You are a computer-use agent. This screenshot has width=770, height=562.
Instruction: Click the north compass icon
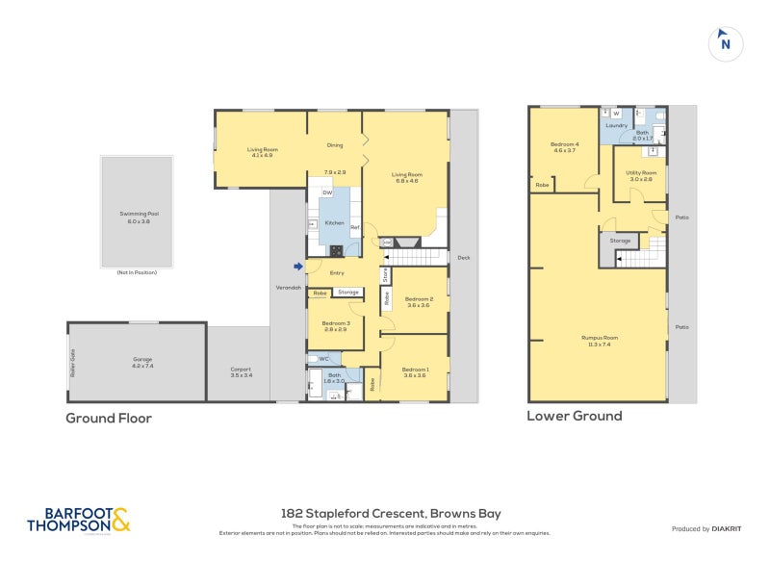tap(726, 43)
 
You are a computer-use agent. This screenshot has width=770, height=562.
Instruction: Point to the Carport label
tap(241, 371)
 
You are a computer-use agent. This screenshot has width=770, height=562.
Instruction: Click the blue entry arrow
tap(298, 267)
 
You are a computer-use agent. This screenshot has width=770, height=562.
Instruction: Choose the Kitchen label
tap(334, 222)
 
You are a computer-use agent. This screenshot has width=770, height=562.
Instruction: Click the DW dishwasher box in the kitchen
tap(314, 192)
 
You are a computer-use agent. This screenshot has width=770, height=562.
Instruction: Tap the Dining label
tap(334, 145)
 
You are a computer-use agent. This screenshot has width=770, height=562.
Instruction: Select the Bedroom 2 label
tap(418, 301)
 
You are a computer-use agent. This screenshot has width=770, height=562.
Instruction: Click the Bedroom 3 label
tap(334, 326)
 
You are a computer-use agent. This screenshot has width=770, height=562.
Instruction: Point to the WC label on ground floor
tap(323, 358)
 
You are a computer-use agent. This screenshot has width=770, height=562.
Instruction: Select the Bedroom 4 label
tap(564, 146)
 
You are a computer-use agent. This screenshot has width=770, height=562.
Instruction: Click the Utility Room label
tap(640, 175)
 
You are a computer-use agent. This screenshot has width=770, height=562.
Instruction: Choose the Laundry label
tap(617, 126)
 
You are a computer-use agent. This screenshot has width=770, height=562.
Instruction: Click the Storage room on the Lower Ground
tap(620, 241)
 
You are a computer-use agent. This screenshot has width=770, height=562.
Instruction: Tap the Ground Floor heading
tap(109, 418)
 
